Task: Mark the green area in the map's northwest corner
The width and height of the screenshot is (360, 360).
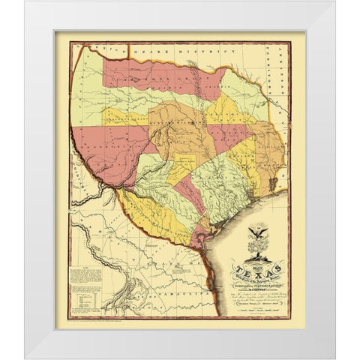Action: point(90,82)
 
